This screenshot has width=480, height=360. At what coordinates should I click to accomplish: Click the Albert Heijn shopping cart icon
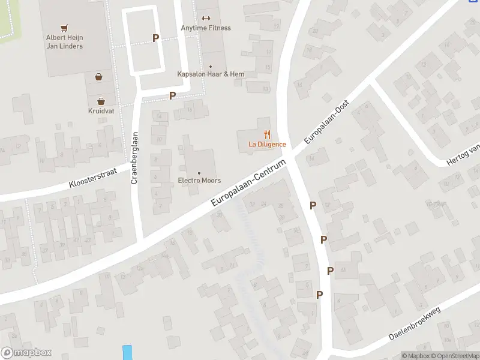point(64,28)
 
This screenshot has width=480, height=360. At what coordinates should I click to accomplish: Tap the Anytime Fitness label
point(206,28)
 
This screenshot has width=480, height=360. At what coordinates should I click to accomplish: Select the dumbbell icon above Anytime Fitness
point(206,18)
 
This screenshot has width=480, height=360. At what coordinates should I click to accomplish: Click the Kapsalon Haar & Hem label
point(210,74)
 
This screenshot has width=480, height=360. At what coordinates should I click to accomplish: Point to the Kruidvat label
point(101,111)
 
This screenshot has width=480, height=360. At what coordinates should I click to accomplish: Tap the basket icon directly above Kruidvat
point(101,100)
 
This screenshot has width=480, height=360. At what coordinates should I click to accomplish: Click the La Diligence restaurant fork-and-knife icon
point(267,135)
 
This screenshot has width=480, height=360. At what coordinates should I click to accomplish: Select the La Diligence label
point(267,145)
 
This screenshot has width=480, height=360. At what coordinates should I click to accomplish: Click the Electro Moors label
point(199,181)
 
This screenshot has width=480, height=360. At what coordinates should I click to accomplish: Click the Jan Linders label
point(64,46)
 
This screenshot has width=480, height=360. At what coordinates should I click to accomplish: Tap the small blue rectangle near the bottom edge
point(127,352)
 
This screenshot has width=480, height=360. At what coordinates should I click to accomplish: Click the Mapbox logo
point(26,353)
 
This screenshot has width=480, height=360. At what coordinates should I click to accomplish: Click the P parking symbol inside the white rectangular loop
point(156,38)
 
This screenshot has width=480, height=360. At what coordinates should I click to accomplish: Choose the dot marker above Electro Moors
point(199,173)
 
